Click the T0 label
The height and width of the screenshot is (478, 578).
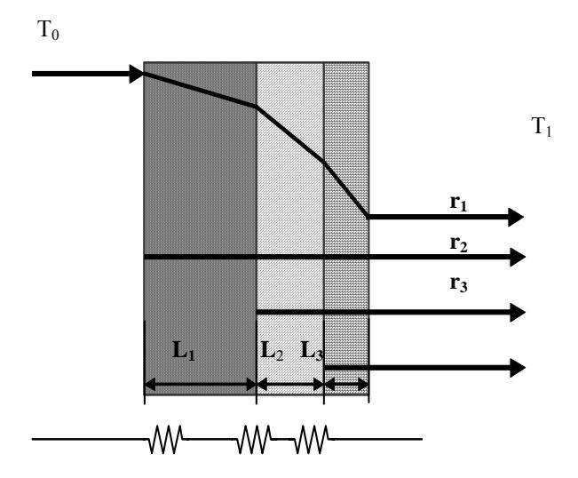click(48, 30)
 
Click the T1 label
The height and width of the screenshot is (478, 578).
click(542, 126)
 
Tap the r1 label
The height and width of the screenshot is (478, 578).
click(458, 203)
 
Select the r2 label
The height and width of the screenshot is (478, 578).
click(458, 243)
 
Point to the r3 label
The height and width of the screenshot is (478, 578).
click(458, 284)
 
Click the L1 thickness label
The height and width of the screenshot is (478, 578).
click(184, 350)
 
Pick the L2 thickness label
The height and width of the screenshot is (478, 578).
click(272, 350)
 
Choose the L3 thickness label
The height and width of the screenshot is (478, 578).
click(312, 350)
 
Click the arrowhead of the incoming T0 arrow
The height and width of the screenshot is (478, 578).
click(137, 74)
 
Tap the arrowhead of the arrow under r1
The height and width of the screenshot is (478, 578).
click(516, 217)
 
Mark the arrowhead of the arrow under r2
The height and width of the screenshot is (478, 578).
click(518, 257)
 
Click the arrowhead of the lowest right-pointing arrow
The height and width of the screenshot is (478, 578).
click(518, 368)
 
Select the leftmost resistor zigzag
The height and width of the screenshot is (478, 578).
click(166, 439)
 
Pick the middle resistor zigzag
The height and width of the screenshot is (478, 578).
click(255, 439)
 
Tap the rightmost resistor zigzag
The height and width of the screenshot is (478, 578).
click(313, 439)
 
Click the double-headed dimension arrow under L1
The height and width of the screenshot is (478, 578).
click(200, 385)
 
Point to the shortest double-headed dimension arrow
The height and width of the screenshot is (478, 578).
click(346, 385)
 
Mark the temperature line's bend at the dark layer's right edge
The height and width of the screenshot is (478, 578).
click(257, 107)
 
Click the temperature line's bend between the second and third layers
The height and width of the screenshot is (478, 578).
click(324, 162)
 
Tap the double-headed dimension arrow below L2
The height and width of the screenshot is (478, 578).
click(290, 385)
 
